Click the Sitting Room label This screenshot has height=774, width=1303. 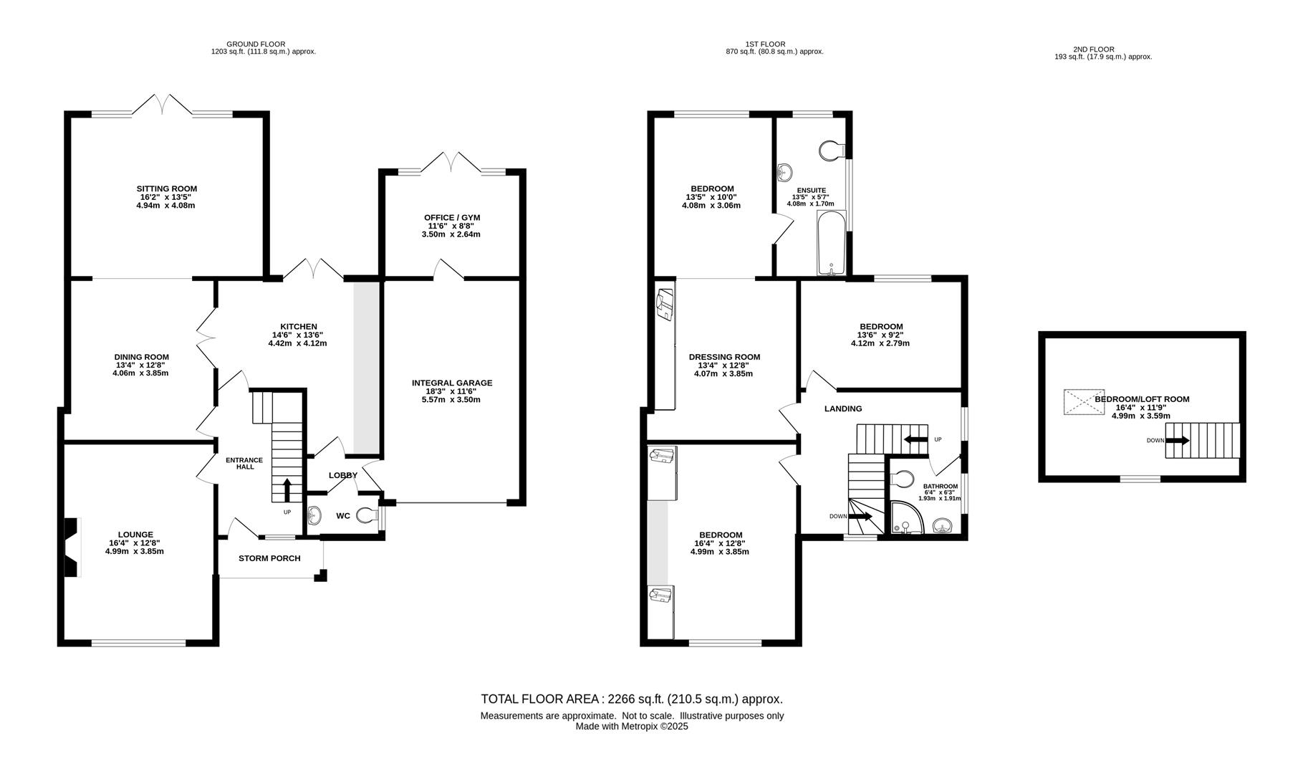167,189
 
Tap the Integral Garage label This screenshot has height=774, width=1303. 452,383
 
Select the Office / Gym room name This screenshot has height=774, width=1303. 451,217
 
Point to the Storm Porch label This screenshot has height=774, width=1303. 269,558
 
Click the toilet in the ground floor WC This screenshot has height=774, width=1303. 368,515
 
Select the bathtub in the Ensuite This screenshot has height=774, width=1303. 831,243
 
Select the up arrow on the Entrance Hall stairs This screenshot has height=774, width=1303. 287,491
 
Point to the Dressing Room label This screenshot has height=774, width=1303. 724,357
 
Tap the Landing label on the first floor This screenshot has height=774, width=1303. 843,408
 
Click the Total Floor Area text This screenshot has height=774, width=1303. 632,699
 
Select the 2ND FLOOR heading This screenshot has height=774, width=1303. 1093,49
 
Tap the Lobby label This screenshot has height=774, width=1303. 343,475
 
